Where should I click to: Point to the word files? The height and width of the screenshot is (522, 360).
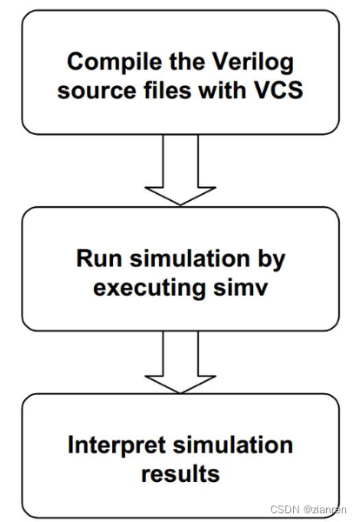(x=157, y=89)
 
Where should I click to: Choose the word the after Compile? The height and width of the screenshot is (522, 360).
(x=176, y=62)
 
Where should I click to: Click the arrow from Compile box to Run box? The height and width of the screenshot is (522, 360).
(x=180, y=174)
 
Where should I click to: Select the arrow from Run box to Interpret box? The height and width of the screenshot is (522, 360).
(x=180, y=361)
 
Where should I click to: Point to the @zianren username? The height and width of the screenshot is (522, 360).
(x=321, y=510)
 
